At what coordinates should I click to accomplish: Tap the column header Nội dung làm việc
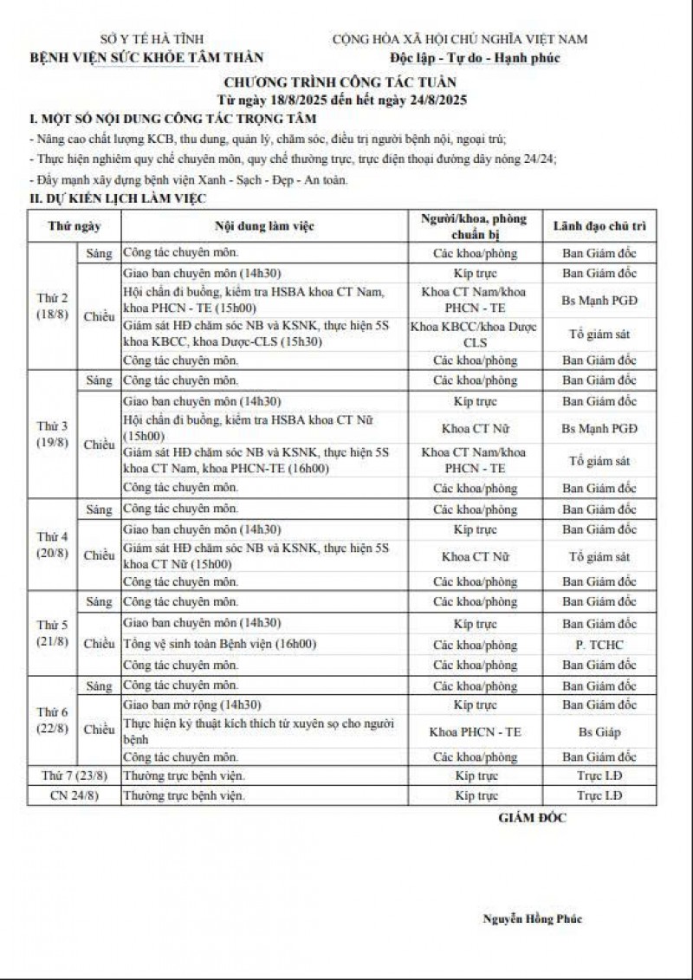pos(265,227)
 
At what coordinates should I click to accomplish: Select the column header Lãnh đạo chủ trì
pos(599,227)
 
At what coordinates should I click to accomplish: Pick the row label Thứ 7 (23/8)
pos(74,774)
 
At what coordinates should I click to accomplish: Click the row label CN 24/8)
pos(74,795)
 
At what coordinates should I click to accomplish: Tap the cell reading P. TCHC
pos(599,645)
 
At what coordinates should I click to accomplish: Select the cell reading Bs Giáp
pos(599,732)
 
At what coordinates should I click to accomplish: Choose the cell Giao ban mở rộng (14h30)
pos(193,705)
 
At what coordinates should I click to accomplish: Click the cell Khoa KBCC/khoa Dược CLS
pos(475,334)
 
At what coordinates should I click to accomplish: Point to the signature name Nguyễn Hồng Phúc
pos(532,919)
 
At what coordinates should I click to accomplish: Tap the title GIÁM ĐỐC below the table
pos(532,817)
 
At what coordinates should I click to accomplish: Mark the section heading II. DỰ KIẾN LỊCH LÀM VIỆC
pos(117,198)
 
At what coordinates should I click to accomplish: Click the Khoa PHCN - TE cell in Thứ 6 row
pos(475,732)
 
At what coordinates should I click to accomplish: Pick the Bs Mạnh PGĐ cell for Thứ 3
pos(599,428)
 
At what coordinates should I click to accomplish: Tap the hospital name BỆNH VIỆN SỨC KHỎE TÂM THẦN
pos(148,58)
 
